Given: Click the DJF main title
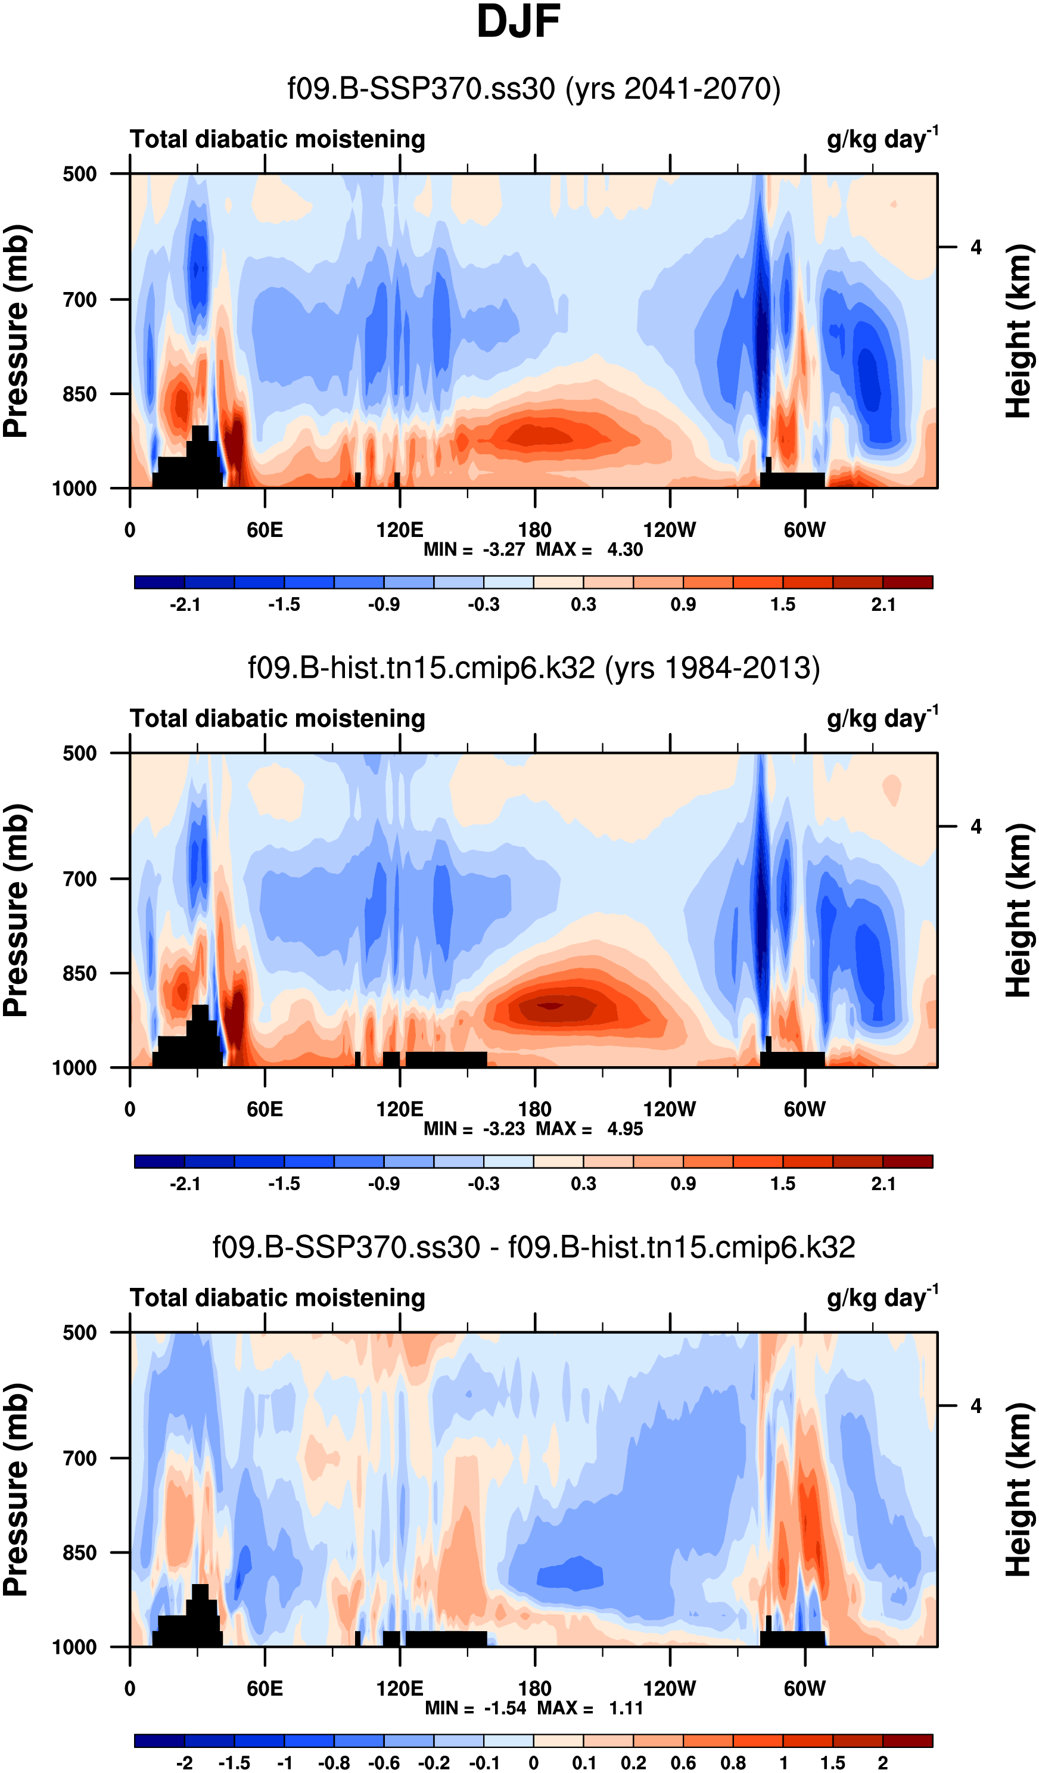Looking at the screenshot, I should click(x=518, y=23).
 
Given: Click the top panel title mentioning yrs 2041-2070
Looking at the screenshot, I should click(x=534, y=89).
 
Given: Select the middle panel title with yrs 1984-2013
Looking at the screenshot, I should click(x=534, y=667).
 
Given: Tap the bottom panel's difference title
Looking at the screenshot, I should click(x=534, y=1247).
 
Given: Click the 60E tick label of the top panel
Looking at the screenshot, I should click(x=265, y=530).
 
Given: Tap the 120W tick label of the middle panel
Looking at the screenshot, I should click(x=669, y=1110).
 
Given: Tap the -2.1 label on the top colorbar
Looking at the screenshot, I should click(x=185, y=604).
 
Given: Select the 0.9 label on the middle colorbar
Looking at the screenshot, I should click(x=683, y=1184).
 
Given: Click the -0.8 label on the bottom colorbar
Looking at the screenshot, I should click(x=334, y=1762).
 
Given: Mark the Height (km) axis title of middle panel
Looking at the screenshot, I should click(x=1018, y=911).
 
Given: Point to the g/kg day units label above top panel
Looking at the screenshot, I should click(x=882, y=139).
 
